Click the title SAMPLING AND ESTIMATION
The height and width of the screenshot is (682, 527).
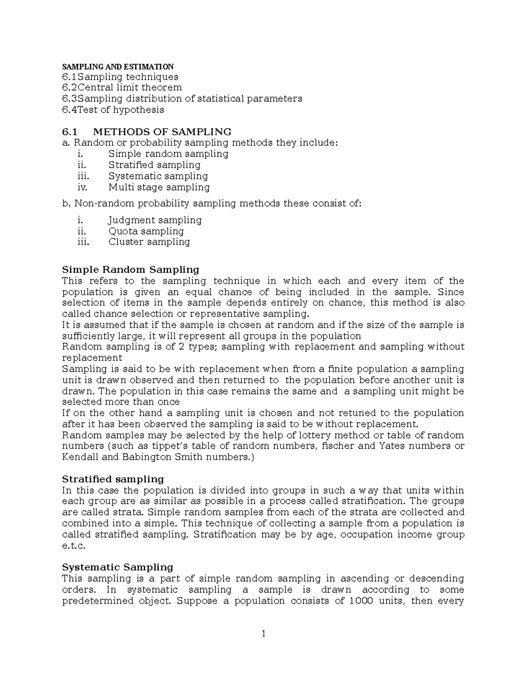(x=118, y=67)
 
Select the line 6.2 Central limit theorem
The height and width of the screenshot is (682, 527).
(x=122, y=88)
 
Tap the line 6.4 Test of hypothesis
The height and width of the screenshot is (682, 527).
(x=113, y=110)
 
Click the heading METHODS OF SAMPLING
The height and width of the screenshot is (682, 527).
(x=162, y=132)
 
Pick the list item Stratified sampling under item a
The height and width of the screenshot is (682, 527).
(x=154, y=165)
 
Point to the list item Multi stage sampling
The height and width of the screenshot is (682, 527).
(x=159, y=187)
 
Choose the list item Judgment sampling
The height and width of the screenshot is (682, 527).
(x=155, y=220)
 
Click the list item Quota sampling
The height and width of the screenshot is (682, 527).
(x=146, y=231)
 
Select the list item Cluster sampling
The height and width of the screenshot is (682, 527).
(x=149, y=242)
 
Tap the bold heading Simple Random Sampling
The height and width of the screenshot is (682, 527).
(x=130, y=269)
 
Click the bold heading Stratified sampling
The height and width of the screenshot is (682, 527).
(x=113, y=479)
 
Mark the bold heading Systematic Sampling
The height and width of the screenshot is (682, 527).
(x=118, y=567)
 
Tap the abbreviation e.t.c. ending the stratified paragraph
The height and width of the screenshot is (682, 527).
(x=72, y=546)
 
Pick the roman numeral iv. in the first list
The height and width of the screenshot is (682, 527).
(x=82, y=187)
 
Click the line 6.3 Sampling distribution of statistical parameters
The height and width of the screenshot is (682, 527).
(x=182, y=99)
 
